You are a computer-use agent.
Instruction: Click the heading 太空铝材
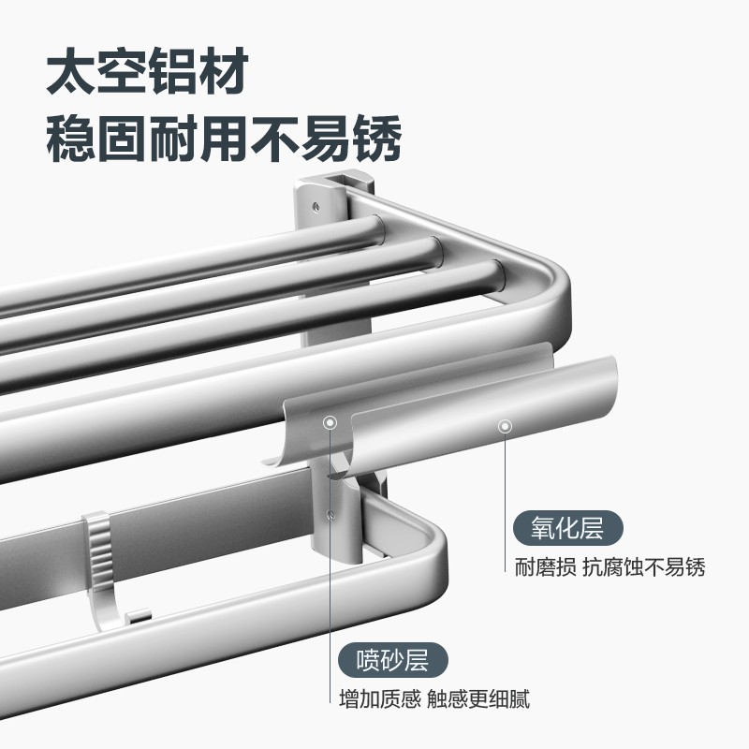click(147, 71)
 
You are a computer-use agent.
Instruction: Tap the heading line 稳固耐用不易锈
click(224, 139)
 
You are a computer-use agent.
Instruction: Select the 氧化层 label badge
click(568, 528)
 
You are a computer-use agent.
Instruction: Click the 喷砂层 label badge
click(392, 660)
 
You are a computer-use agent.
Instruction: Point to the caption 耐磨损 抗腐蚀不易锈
click(610, 567)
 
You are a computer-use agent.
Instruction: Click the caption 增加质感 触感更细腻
click(434, 698)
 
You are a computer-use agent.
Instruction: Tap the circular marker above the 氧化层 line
click(505, 426)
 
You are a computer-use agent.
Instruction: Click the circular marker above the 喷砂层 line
click(330, 422)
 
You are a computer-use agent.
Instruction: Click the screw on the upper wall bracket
click(316, 206)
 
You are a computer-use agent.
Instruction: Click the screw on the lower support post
click(330, 514)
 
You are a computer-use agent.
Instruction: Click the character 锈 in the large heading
click(377, 139)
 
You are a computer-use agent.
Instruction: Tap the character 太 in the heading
click(71, 71)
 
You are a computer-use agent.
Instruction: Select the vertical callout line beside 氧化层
click(505, 503)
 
